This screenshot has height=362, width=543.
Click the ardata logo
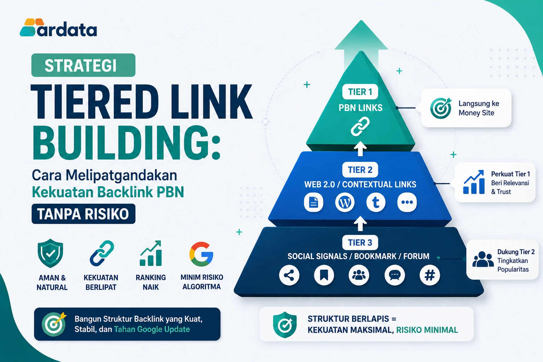coord(58,28)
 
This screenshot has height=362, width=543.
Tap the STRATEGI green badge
coord(83,65)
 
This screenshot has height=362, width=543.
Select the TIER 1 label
coord(360,92)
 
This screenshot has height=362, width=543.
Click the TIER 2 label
coord(360,170)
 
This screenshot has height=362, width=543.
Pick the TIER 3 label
coord(360,243)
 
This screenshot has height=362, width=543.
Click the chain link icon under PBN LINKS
coord(360,126)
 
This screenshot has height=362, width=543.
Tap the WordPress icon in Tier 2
coord(345,202)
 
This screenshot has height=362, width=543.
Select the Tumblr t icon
coord(376,202)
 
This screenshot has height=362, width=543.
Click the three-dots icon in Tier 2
coord(407,202)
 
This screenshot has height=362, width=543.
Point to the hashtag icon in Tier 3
coord(430,275)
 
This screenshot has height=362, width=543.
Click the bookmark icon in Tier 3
coord(324,275)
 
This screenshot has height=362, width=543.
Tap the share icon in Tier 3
coord(289,275)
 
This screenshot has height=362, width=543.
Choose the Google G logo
coord(201,254)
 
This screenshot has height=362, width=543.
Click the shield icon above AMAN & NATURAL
coord(51,253)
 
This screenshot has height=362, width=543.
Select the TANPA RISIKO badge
coord(83,214)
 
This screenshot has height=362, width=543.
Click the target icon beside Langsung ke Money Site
coord(441,108)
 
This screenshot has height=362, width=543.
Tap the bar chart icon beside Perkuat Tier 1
coord(474,182)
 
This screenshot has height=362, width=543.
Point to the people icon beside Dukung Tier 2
coord(483,259)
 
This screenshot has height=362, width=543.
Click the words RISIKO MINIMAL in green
coord(427,330)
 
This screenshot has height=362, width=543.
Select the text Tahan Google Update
coord(152,329)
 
